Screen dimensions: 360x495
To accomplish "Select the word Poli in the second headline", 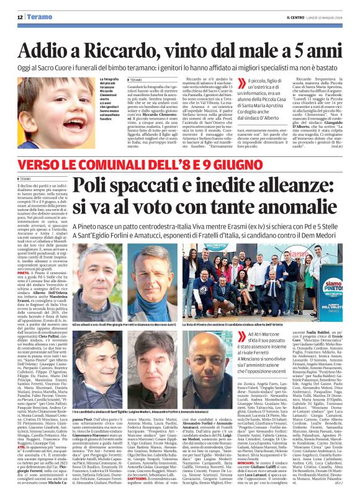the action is pyautogui.click(x=114, y=187).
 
